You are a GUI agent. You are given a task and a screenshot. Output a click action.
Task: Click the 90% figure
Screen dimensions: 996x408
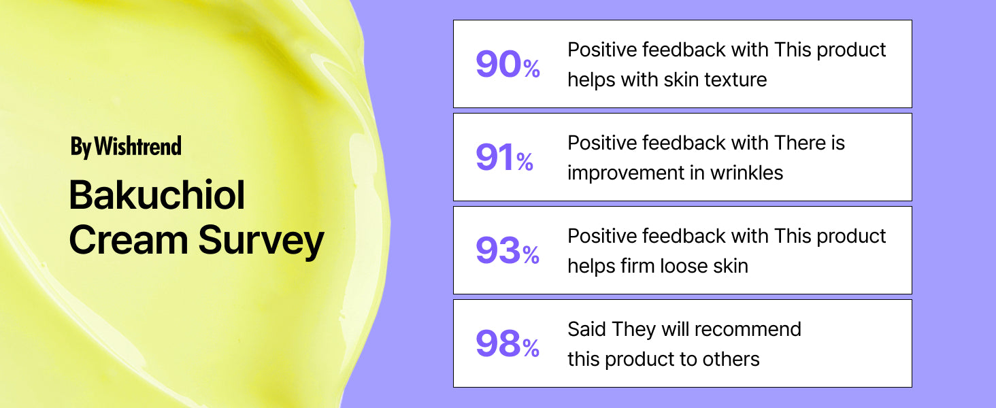pyautogui.click(x=508, y=65)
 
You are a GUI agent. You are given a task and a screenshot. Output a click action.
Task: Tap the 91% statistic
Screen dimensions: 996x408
pyautogui.click(x=504, y=157)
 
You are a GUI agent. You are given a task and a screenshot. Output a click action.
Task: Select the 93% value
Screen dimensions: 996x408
pyautogui.click(x=508, y=251)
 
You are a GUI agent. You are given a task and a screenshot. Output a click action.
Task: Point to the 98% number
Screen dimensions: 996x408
pyautogui.click(x=508, y=343)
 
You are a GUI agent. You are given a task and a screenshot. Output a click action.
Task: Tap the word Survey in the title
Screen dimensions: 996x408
pyautogui.click(x=261, y=241)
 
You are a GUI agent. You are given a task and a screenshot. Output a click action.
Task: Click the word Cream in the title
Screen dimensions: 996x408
pyautogui.click(x=129, y=240)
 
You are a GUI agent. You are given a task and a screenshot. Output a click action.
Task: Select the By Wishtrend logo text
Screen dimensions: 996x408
pyautogui.click(x=126, y=147)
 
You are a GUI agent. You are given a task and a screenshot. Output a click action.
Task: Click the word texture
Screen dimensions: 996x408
pyautogui.click(x=736, y=80)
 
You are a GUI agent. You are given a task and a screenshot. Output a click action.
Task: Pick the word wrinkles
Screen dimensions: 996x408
pyautogui.click(x=746, y=173)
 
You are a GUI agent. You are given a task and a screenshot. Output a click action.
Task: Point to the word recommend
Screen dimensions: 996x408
pyautogui.click(x=748, y=329)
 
